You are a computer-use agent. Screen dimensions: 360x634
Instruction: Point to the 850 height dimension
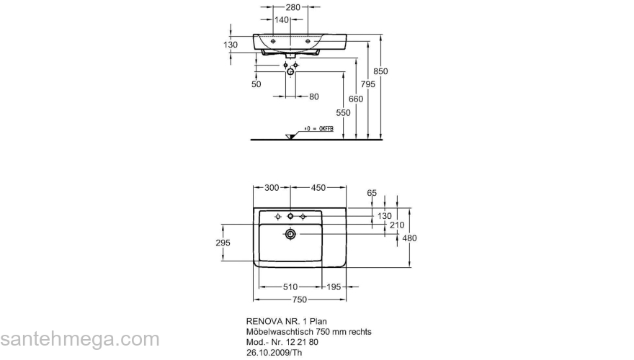tap(381, 71)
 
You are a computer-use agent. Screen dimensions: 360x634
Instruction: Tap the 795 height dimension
tap(368, 85)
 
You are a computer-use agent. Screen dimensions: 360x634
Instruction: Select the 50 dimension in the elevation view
tap(256, 85)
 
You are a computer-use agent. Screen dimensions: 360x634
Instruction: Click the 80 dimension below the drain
tap(313, 96)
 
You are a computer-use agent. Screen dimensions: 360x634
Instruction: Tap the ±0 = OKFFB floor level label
tap(318, 129)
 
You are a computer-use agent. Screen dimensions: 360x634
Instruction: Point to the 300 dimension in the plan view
tap(271, 188)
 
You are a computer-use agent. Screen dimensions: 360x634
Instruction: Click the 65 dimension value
tap(372, 193)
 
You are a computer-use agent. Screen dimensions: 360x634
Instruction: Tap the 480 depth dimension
tap(409, 238)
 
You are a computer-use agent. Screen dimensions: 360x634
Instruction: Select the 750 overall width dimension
tap(299, 300)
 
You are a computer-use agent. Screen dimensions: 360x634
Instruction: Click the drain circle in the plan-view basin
tap(290, 233)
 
